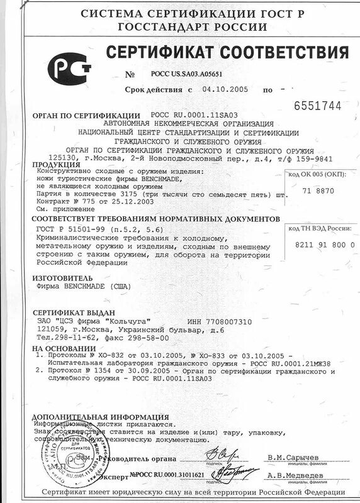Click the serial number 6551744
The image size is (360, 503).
317,105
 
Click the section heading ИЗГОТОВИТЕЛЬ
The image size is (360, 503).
62,277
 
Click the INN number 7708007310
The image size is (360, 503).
225,321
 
